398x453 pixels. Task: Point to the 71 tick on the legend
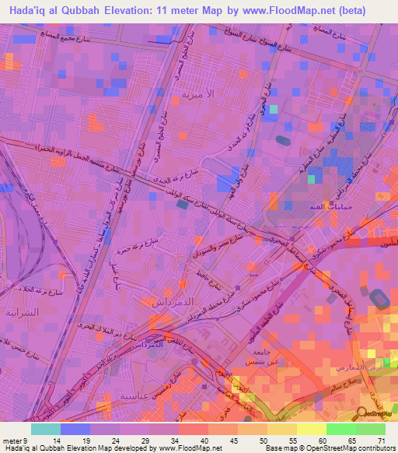click(x=380, y=440)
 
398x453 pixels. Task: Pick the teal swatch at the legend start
click(x=45, y=429)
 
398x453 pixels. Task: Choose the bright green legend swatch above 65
click(x=340, y=429)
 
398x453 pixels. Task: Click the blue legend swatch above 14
click(x=75, y=429)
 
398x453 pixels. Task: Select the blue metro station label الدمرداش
click(x=162, y=342)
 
